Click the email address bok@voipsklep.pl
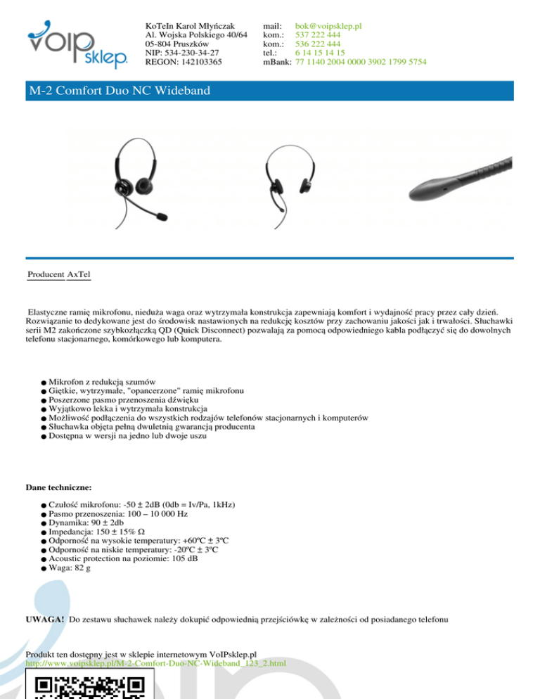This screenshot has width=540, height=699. click(328, 26)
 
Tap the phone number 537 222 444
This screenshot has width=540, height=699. click(318, 35)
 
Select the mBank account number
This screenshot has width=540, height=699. click(361, 62)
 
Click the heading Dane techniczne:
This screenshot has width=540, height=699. click(58, 486)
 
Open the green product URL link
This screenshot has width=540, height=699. click(157, 662)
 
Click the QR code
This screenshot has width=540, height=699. click(89, 686)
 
